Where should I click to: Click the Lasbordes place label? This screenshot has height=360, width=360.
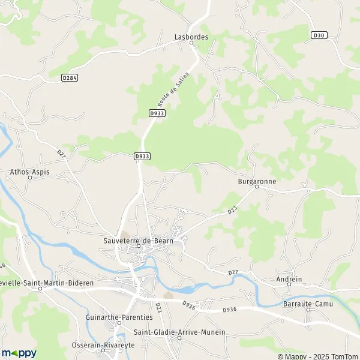coord(191,36)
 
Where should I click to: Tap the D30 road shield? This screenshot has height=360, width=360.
coord(319,36)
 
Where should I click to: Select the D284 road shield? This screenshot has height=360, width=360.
coord(70,77)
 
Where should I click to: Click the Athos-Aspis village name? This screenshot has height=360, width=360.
coord(30,172)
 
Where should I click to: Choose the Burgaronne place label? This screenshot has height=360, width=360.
coord(256,179)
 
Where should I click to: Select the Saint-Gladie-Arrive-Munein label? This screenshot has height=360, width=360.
coord(179,332)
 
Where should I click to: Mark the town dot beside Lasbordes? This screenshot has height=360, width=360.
coord(191,43)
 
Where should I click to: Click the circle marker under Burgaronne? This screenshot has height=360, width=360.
coord(256,186)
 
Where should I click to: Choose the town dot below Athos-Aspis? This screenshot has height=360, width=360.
coord(30,178)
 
